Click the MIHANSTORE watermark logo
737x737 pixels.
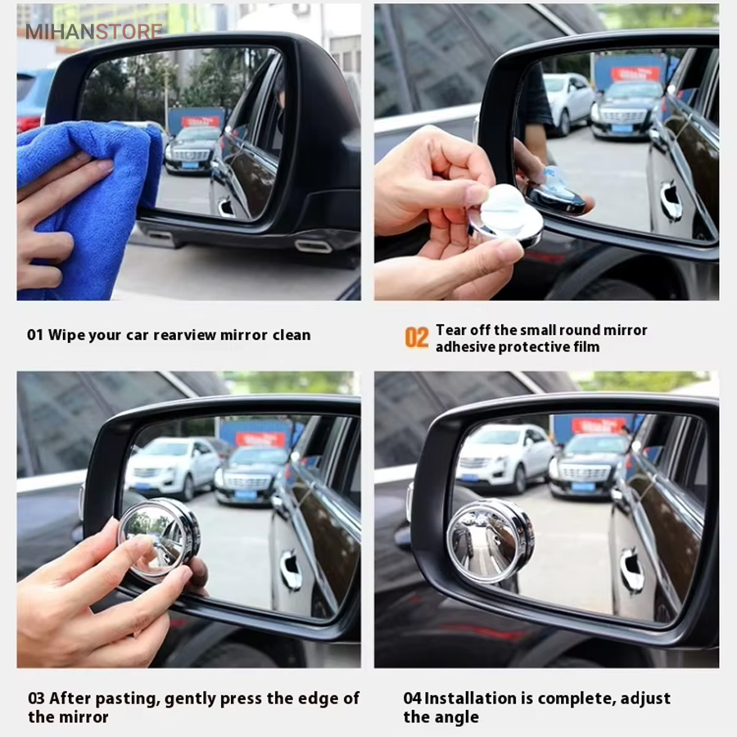(x=94, y=31)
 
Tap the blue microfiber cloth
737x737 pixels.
(x=89, y=207)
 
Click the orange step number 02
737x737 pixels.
(x=417, y=338)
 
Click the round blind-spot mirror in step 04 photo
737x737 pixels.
(x=490, y=540)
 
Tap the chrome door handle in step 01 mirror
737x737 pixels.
(x=227, y=207)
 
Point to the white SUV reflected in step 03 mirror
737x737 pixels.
(x=172, y=468)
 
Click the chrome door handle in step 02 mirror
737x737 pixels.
(x=670, y=200)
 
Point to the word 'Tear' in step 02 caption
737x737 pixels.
(x=450, y=330)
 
